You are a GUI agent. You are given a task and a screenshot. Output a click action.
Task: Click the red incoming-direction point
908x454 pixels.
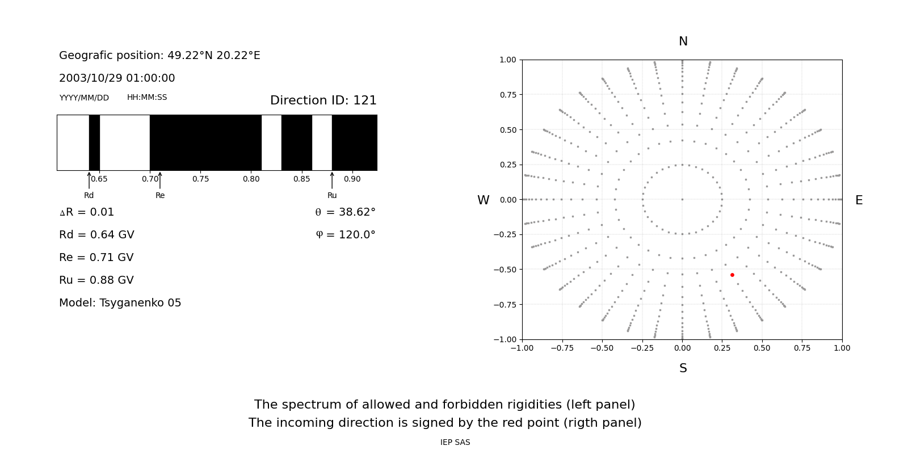coord(732,275)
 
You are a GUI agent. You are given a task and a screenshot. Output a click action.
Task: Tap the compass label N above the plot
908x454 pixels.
coord(683,41)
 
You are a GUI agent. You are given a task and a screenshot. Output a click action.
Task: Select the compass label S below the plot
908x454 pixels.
coord(683,368)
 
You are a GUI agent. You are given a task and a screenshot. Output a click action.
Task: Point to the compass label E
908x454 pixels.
coord(859,200)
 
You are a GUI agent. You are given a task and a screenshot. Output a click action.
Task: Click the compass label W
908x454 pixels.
coord(484,200)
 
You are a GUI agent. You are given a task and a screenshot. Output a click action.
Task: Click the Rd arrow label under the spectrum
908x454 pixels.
coord(89,196)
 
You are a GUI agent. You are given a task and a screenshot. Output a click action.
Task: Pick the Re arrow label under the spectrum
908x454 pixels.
coord(160,196)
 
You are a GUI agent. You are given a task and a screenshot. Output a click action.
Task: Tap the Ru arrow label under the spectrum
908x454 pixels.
coord(332,196)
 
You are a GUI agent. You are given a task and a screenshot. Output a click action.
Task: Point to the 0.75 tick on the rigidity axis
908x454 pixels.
coord(200,179)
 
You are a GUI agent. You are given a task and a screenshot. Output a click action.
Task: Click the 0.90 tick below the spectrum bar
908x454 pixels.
coord(352,179)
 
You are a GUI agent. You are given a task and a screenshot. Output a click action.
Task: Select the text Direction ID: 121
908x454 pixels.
coord(323,100)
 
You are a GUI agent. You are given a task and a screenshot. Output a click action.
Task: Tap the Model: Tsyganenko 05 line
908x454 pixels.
coord(120,303)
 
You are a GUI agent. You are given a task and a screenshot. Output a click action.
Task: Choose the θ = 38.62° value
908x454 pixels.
coord(345,212)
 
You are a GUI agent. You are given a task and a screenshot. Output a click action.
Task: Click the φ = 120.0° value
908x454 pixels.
coord(346,235)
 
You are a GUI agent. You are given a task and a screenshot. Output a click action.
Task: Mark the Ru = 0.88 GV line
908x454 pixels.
coord(96,280)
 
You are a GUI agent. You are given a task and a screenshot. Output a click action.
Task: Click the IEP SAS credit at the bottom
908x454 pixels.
coord(455,443)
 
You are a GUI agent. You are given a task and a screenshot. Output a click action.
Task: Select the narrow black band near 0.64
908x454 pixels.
coord(94,142)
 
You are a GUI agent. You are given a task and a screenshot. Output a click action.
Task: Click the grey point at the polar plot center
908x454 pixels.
coord(682,199)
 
